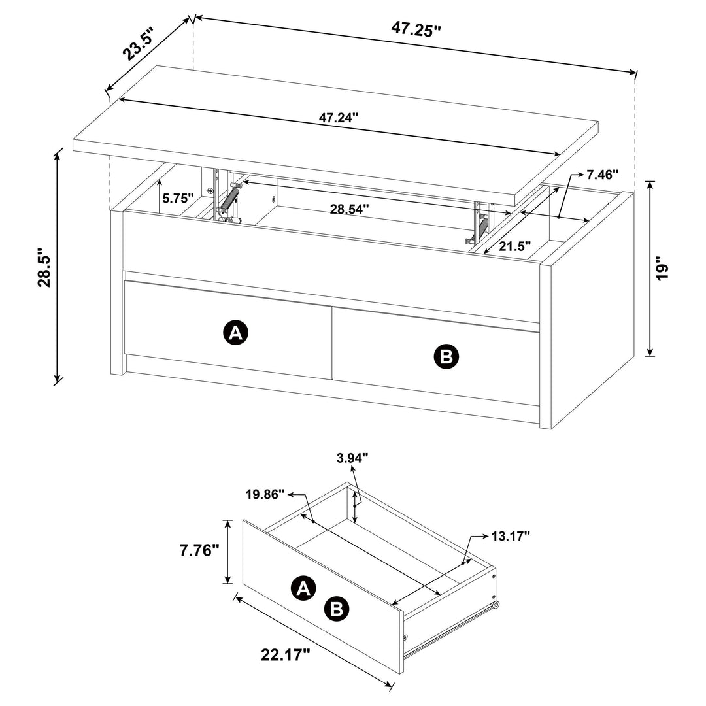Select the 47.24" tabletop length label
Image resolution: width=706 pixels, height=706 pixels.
coord(339,118)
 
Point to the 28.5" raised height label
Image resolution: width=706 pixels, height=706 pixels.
coord(44,267)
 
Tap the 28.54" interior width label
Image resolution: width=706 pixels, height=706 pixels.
coord(348,209)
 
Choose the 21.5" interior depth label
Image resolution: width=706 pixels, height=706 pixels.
coord(515,246)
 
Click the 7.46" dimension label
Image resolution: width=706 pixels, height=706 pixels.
coord(602,175)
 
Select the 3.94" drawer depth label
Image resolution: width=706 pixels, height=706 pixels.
coord(354,457)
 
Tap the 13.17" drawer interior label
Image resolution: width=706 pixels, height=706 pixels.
coord(510,537)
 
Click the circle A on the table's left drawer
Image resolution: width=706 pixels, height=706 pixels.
coord(236,333)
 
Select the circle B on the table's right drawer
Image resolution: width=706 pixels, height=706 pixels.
coord(447,356)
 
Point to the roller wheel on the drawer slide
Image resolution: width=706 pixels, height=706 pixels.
coord(497,606)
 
